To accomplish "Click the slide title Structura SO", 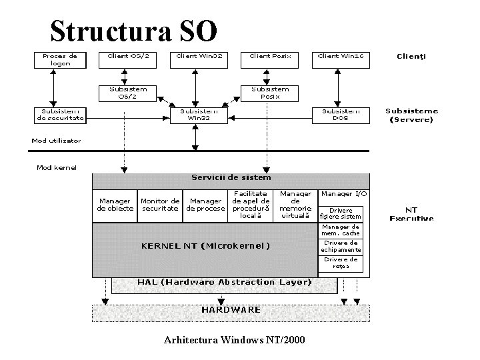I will click(x=133, y=30).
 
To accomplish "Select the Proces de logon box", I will click(x=60, y=60).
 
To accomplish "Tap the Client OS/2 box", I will click(x=128, y=57).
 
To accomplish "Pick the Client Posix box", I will click(x=269, y=57).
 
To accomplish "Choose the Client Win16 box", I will click(x=341, y=57).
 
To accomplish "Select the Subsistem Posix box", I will click(x=270, y=92).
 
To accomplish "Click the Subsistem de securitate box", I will click(x=60, y=115).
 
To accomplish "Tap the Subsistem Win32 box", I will click(x=195, y=115).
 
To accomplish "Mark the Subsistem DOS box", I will click(x=341, y=115).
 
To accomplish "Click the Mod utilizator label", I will click(x=56, y=141).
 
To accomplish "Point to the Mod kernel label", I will click(x=56, y=167).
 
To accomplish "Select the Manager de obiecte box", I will click(x=115, y=205).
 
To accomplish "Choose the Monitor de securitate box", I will click(x=160, y=205).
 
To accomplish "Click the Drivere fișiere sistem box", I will click(x=342, y=213).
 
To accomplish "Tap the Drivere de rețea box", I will click(x=342, y=263).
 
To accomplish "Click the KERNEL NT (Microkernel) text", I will click(x=205, y=245).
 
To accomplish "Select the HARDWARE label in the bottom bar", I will click(x=231, y=310).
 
